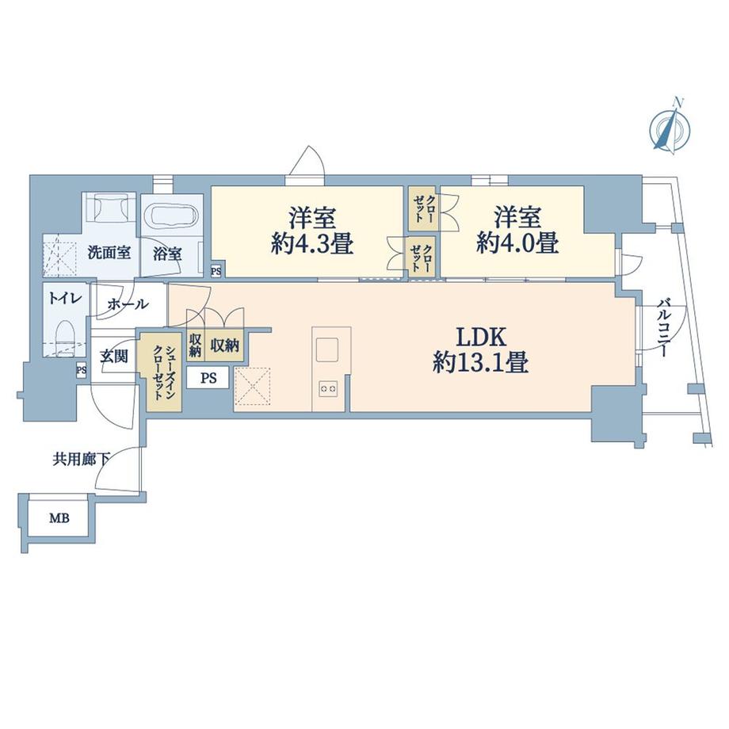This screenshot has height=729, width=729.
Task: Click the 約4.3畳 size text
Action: click(x=311, y=243)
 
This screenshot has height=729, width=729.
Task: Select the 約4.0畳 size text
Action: click(x=517, y=243)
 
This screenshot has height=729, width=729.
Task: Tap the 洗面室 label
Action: click(x=109, y=254)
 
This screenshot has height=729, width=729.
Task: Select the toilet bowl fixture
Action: click(x=65, y=334)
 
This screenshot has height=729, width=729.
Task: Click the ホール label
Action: click(x=126, y=303)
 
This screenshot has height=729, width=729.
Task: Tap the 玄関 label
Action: click(x=114, y=357)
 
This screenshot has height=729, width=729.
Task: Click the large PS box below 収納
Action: click(x=208, y=378)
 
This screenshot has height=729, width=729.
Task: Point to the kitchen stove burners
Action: click(x=329, y=387)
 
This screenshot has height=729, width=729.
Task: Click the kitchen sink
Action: click(x=328, y=349)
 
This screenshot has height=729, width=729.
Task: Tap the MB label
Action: click(x=59, y=520)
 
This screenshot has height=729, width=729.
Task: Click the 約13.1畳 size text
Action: click(x=480, y=364)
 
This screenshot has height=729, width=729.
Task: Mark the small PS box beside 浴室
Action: click(x=216, y=271)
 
